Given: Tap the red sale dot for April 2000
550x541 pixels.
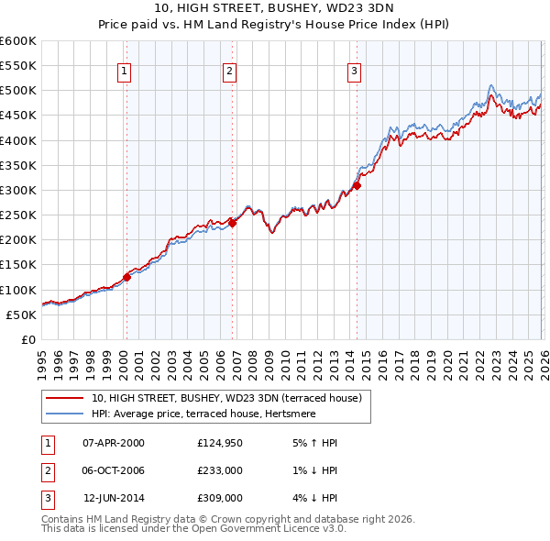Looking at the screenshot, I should click(x=126, y=277).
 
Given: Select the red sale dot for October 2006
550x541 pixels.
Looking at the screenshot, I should click(x=233, y=223).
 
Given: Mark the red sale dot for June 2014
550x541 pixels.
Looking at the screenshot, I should click(x=357, y=185).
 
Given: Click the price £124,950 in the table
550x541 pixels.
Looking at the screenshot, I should click(x=218, y=443).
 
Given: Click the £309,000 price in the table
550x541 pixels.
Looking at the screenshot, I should click(x=218, y=498).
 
